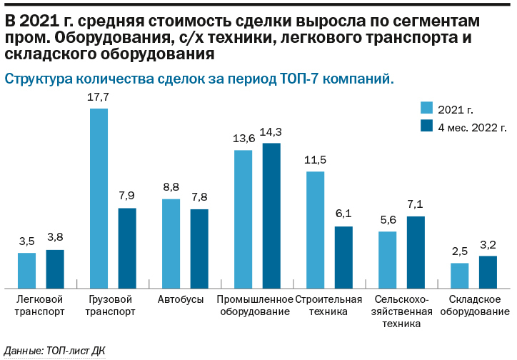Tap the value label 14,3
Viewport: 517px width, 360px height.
click(271, 131)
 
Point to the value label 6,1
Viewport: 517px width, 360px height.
click(343, 215)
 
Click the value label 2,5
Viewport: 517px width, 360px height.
click(459, 251)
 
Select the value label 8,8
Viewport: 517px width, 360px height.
click(171, 187)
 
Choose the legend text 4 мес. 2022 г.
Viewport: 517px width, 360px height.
click(471, 127)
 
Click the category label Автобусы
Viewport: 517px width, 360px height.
click(181, 299)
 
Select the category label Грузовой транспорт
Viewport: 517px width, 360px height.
click(109, 305)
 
